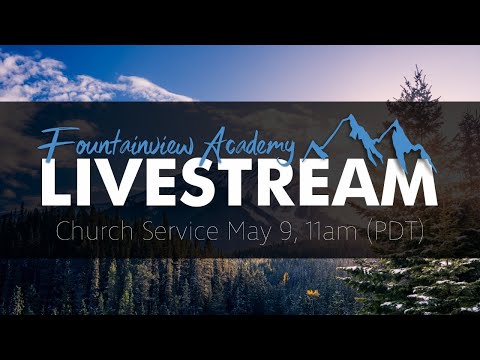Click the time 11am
point(317,232)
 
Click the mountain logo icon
point(370,141)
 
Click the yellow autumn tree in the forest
point(313,294)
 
